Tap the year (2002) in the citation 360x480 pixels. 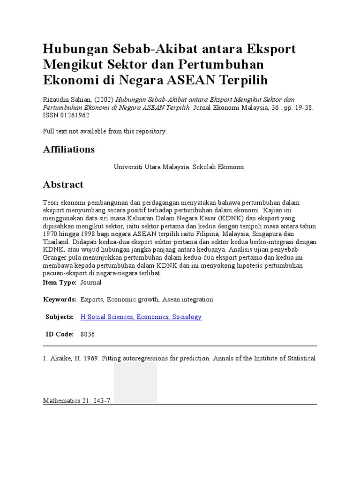pyautogui.click(x=104, y=100)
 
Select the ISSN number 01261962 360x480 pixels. pyautogui.click(x=73, y=115)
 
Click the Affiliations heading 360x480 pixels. pyautogui.click(x=69, y=150)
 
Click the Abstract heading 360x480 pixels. pyautogui.click(x=63, y=185)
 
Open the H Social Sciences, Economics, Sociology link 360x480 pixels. pyautogui.click(x=141, y=317)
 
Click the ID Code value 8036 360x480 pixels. pyautogui.click(x=88, y=334)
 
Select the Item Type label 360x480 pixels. pyautogui.click(x=60, y=283)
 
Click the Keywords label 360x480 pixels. pyautogui.click(x=60, y=300)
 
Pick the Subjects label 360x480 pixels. pyautogui.click(x=60, y=317)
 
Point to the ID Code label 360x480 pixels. pyautogui.click(x=60, y=334)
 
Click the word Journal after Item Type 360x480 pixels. pyautogui.click(x=91, y=283)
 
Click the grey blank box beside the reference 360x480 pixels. pyautogui.click(x=135, y=382)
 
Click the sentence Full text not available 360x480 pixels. pyautogui.click(x=105, y=132)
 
